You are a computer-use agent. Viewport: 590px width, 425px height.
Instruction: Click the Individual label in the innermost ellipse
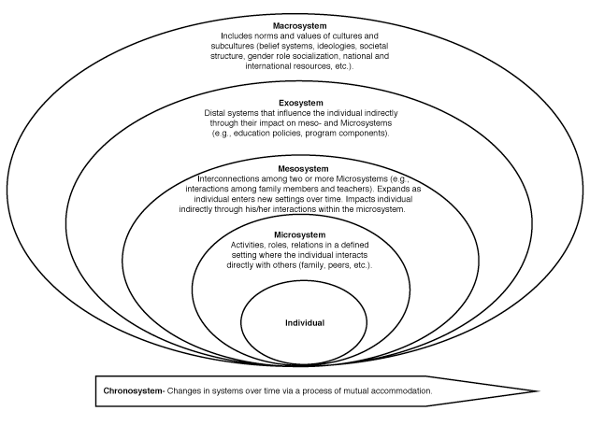point(305,322)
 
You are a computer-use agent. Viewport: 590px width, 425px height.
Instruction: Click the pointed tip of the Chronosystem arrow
point(538,390)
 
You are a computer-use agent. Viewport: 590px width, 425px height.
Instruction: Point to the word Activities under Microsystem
point(249,244)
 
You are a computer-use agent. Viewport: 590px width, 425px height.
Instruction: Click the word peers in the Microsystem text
point(329,265)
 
